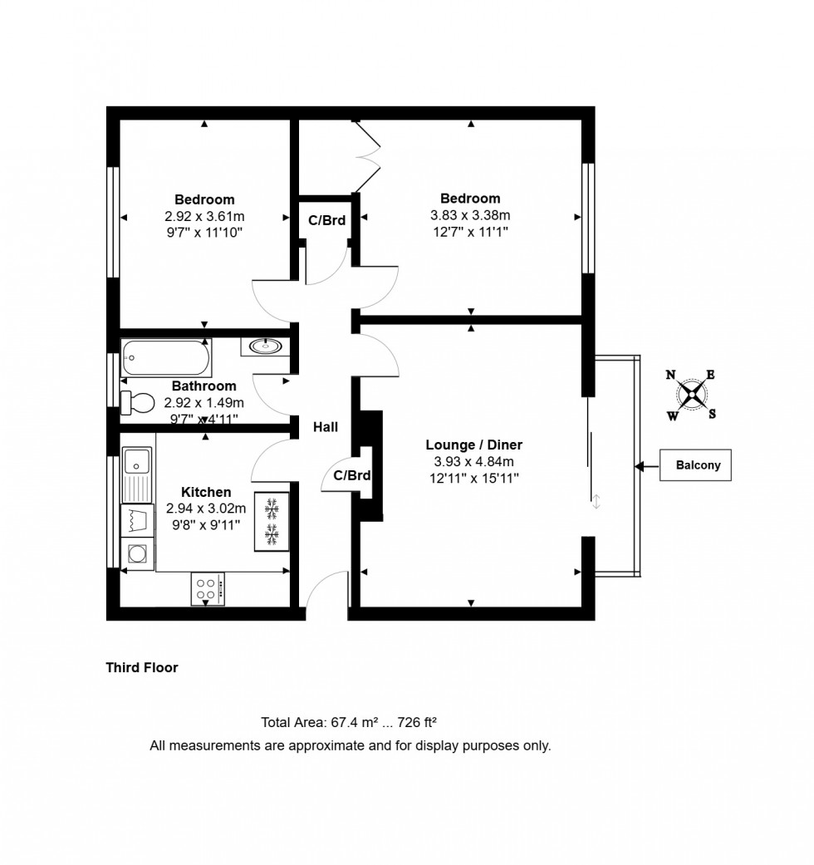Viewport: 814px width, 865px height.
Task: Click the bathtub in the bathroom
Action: coord(165,358)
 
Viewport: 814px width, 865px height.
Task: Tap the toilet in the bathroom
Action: coord(138,403)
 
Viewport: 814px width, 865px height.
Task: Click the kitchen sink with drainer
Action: coord(137,474)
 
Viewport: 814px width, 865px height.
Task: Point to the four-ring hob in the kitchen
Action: coord(208,589)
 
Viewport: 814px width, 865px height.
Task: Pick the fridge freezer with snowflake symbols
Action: coord(271,521)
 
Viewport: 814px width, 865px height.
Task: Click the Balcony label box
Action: coord(697,465)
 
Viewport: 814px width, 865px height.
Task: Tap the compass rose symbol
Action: coord(691,395)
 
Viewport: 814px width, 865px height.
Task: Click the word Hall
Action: coord(325,427)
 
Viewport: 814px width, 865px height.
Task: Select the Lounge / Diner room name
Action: coord(473,445)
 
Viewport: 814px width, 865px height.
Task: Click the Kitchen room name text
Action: coord(206,493)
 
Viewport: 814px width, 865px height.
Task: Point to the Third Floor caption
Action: coord(141,667)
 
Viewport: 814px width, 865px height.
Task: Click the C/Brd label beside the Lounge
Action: coord(351,476)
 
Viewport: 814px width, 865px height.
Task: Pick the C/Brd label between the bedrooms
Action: coord(326,220)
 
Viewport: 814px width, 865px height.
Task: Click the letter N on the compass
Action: coord(670,375)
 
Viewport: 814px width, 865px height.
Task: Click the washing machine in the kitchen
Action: coord(137,553)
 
